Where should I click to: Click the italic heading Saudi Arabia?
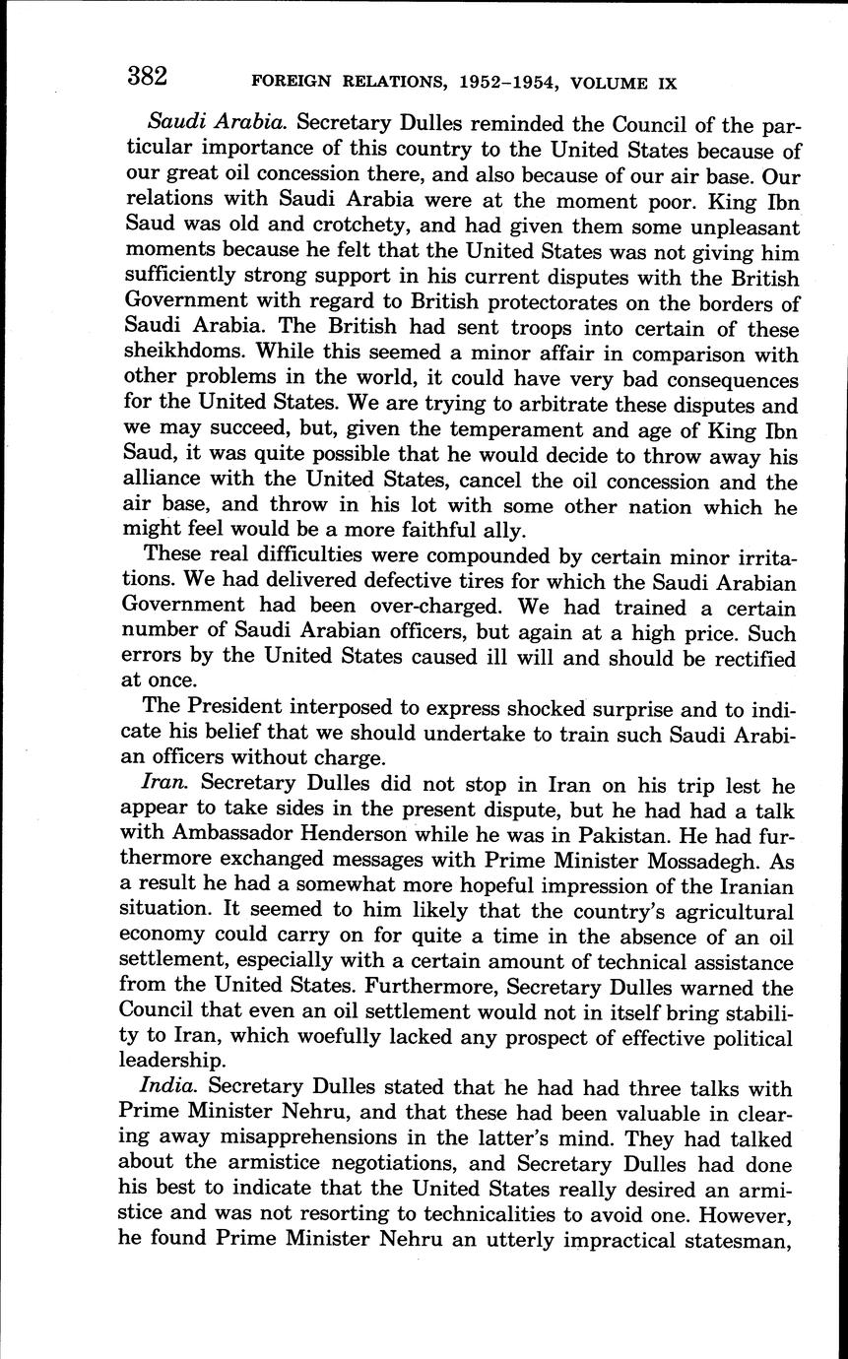[x=217, y=125]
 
